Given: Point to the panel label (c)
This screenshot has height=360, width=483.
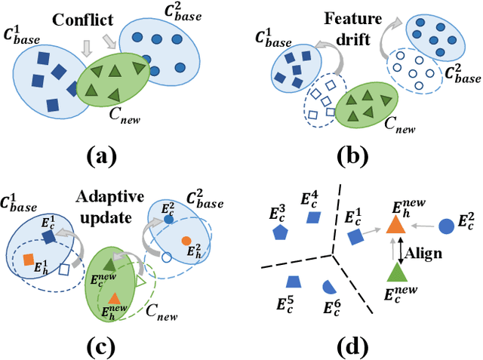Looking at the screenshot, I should tap(102, 346).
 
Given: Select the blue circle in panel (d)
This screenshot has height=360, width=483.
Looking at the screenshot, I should tap(446, 224).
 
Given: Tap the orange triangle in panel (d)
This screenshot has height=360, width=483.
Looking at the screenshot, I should tap(395, 223).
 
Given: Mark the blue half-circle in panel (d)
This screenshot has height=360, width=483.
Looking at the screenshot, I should tap(329, 287).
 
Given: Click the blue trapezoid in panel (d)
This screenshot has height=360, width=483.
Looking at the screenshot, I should tap(293, 282).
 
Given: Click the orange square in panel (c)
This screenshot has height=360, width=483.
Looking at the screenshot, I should tap(29, 260).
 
